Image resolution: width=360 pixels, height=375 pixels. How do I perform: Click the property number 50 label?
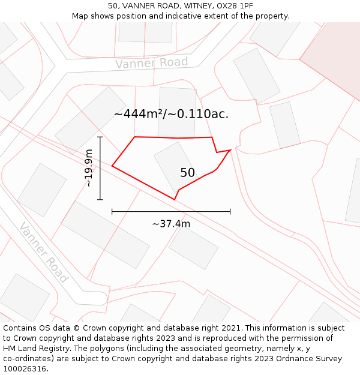tap(187, 173)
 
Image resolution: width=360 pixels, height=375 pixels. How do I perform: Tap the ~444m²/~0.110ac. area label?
tap(171, 113)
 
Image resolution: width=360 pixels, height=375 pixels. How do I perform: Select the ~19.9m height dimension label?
tap(89, 168)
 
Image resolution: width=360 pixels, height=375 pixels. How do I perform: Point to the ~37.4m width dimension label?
tap(171, 224)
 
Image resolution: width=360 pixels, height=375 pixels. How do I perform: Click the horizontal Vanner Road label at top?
tap(151, 63)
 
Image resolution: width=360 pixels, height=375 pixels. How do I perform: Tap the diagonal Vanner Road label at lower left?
tap(43, 252)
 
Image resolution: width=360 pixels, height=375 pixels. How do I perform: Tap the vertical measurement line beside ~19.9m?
tap(100, 168)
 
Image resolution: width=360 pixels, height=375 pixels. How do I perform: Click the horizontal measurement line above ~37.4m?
tap(171, 211)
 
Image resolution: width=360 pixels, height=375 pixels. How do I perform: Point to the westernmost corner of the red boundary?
tap(112, 166)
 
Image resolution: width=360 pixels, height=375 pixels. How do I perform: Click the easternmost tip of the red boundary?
tap(231, 150)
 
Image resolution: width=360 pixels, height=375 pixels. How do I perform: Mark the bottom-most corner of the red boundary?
tap(175, 199)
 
